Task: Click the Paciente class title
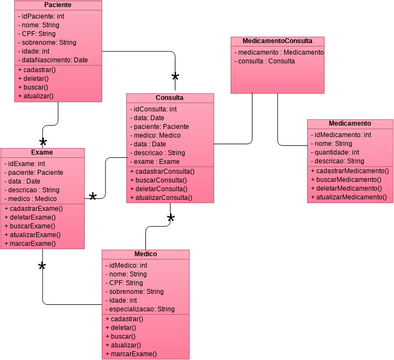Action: (58, 6)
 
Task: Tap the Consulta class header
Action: (169, 98)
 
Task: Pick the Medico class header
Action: (145, 255)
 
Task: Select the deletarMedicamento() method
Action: (350, 188)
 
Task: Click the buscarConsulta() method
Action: (169, 181)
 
